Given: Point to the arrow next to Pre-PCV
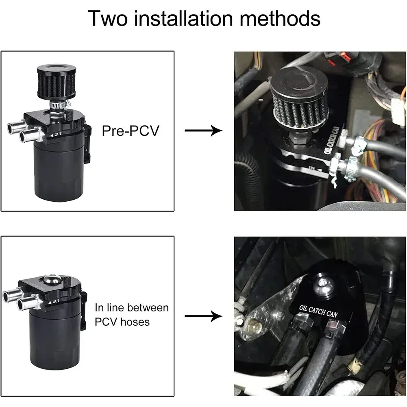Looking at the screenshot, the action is coord(203,131).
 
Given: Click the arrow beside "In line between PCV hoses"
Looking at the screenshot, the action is coord(203,316).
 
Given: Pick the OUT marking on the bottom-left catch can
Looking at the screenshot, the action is coord(56,301).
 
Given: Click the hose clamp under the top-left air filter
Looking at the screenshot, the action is coord(57,107).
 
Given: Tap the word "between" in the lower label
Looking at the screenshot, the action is coord(149,307).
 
